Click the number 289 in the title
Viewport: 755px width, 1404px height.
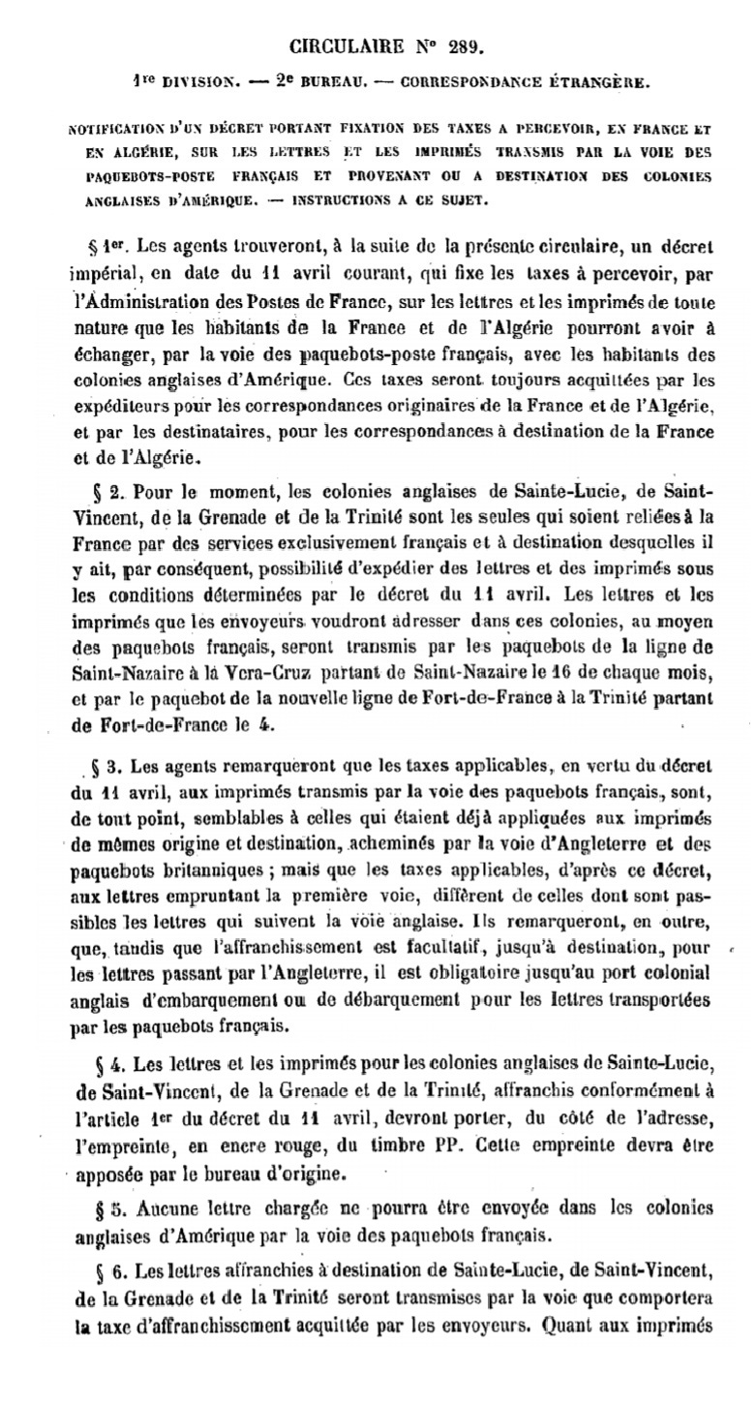460,46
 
